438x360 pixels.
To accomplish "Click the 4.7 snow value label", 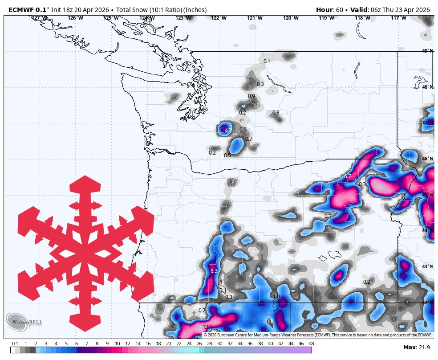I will point(228,131).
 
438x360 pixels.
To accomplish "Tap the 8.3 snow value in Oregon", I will point(214,270).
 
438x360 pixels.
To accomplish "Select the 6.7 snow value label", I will point(348,176).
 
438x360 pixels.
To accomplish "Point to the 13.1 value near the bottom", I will point(207,327).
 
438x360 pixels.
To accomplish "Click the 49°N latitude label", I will point(427,51).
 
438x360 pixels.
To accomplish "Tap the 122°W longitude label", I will point(219,18).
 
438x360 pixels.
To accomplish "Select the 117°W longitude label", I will point(398,18).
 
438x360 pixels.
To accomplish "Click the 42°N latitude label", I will point(427,303).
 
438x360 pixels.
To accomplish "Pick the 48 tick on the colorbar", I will point(311,344).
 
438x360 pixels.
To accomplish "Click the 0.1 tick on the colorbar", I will point(15,344).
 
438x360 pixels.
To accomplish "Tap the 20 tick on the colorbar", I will point(168,344).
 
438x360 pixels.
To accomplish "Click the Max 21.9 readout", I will point(416,348).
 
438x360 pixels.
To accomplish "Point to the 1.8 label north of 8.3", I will point(231,183).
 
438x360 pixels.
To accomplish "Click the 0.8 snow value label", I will point(276,113).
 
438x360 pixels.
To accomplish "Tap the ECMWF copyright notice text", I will point(317,335).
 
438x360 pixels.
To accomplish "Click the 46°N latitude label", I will point(427,159).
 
